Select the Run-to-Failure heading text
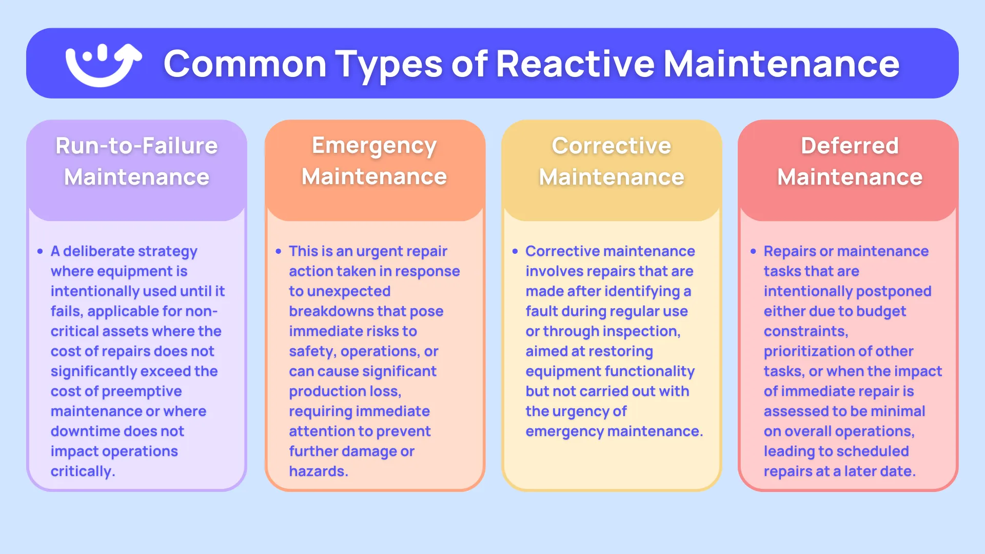[x=136, y=146]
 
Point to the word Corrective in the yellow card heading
[x=612, y=146]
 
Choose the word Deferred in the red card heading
[x=850, y=146]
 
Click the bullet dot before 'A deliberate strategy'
[x=40, y=251]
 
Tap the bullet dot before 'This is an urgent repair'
[x=278, y=251]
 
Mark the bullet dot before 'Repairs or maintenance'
[x=753, y=251]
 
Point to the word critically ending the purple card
[x=83, y=471]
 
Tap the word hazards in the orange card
[x=319, y=471]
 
